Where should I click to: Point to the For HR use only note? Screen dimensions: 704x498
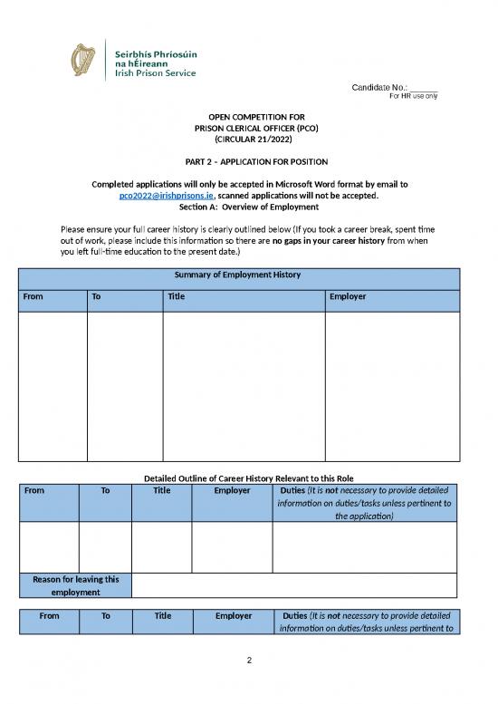coord(413,96)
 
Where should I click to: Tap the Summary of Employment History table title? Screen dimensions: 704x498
coord(249,275)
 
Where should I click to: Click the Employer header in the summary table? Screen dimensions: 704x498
coord(349,296)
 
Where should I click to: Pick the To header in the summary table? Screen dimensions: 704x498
coord(97,296)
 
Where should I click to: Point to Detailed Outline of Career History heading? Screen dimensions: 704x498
coord(249,477)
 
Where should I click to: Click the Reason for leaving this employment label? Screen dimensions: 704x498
coord(75,585)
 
